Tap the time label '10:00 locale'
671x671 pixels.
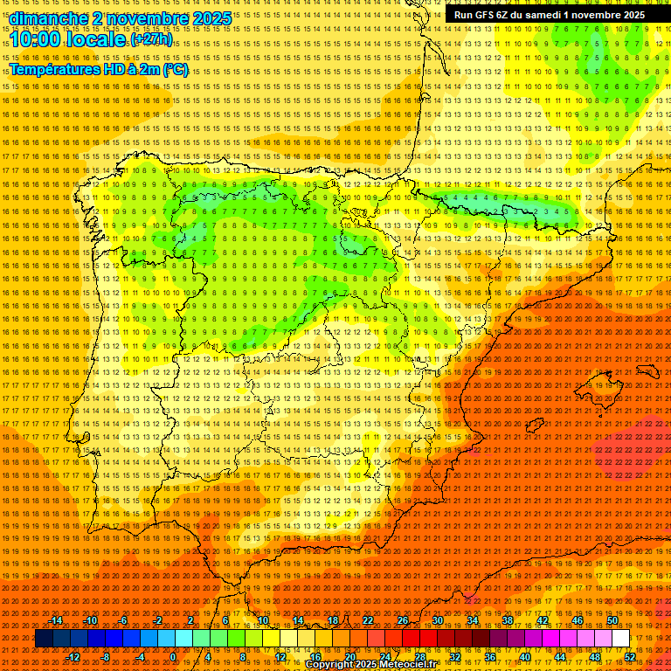tap(68, 39)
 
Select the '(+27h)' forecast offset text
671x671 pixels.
tap(152, 40)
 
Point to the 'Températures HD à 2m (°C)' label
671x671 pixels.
tap(99, 70)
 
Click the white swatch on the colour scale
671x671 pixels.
tap(620, 639)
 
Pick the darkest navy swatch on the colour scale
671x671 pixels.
tap(44, 639)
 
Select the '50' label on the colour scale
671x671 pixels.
tap(612, 620)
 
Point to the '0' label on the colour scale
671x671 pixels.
tap(174, 657)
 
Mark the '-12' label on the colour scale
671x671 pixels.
tap(73, 657)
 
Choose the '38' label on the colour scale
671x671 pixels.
tap(507, 620)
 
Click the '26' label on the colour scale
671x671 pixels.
tap(402, 620)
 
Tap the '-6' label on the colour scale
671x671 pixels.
tap(123, 620)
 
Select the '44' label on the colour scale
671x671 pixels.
tap(560, 657)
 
